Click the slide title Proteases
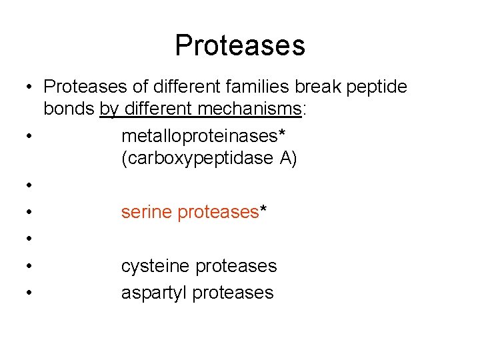[x=240, y=45]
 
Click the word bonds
[x=69, y=109]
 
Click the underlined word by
[x=107, y=109]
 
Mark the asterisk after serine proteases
[x=263, y=210]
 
